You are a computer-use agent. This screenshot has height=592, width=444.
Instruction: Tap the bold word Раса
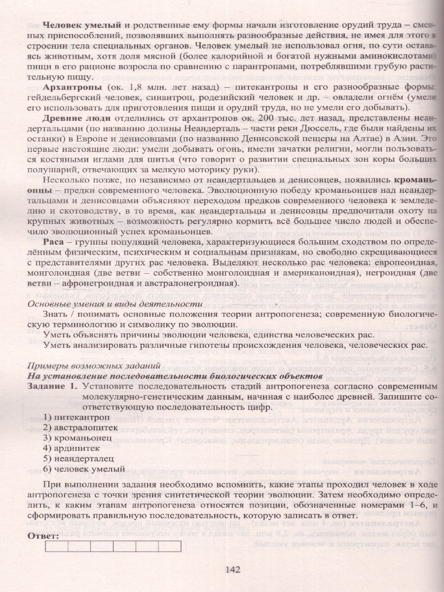tap(53, 242)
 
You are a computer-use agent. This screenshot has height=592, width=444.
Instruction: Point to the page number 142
tap(232, 569)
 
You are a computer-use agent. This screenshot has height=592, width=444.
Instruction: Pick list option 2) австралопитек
tap(76, 427)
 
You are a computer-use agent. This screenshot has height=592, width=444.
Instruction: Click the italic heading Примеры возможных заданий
tap(94, 365)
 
